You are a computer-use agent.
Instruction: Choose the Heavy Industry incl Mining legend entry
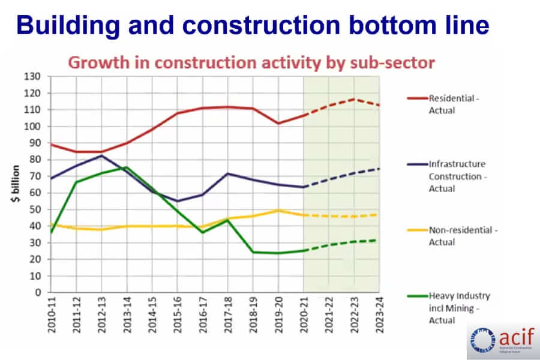pos(460,308)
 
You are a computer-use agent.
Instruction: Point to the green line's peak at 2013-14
pos(127,167)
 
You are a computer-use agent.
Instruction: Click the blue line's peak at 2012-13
pos(101,155)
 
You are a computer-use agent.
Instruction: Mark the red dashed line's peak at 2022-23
pos(354,99)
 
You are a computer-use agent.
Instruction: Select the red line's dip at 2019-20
pos(278,123)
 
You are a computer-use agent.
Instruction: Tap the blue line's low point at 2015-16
pos(177,201)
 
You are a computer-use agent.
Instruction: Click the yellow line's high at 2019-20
pos(278,210)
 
